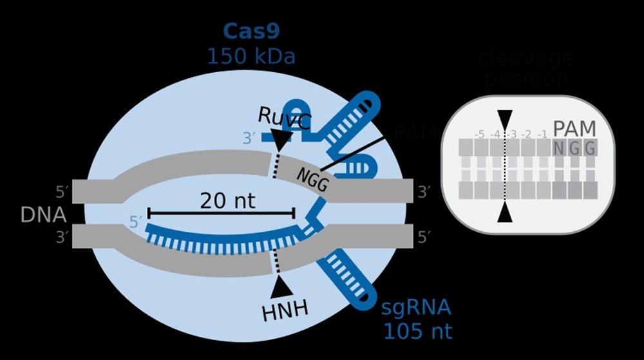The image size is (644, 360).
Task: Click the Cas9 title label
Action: pos(251,31)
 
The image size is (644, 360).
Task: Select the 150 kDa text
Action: pos(251,57)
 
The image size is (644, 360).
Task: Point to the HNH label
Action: pos(285,311)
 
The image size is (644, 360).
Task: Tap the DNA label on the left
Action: pos(43,214)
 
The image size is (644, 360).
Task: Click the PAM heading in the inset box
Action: pos(574,128)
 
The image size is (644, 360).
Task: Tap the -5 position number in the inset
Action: pos(479,135)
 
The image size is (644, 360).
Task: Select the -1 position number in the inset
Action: pos(542,135)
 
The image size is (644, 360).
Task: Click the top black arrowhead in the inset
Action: pos(505,120)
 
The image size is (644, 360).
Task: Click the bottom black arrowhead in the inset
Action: pos(505,212)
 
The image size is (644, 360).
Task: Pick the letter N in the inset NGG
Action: pos(559,149)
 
